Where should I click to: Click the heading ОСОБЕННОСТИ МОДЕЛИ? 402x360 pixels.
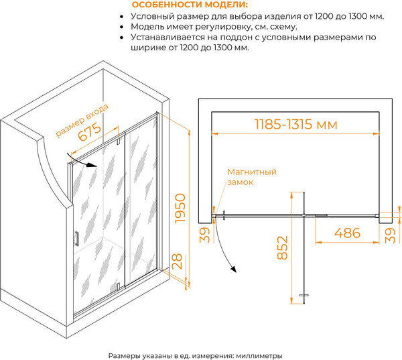pyautogui.click(x=190, y=5)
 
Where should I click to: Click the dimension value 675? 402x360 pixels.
pyautogui.click(x=90, y=132)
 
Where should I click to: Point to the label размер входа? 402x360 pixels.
pyautogui.click(x=82, y=120)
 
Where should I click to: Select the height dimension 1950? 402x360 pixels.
pyautogui.click(x=180, y=208)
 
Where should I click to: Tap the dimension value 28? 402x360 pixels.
pyautogui.click(x=177, y=261)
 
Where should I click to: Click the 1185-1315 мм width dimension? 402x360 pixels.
pyautogui.click(x=295, y=124)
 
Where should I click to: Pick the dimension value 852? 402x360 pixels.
pyautogui.click(x=283, y=247)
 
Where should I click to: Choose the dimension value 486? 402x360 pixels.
pyautogui.click(x=347, y=233)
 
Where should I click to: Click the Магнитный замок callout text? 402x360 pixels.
pyautogui.click(x=252, y=177)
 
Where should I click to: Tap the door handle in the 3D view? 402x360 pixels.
pyautogui.click(x=76, y=239)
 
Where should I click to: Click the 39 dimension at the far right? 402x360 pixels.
pyautogui.click(x=391, y=235)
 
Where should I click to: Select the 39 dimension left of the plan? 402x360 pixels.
pyautogui.click(x=205, y=235)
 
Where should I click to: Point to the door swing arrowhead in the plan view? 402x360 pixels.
pyautogui.click(x=233, y=269)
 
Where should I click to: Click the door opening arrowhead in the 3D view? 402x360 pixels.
pyautogui.click(x=92, y=165)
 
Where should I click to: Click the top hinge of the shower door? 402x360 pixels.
pyautogui.click(x=119, y=141)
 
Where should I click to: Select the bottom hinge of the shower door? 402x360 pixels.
pyautogui.click(x=118, y=286)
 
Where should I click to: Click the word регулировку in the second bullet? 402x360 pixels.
pyautogui.click(x=222, y=27)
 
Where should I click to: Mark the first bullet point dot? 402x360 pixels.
pyautogui.click(x=121, y=17)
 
